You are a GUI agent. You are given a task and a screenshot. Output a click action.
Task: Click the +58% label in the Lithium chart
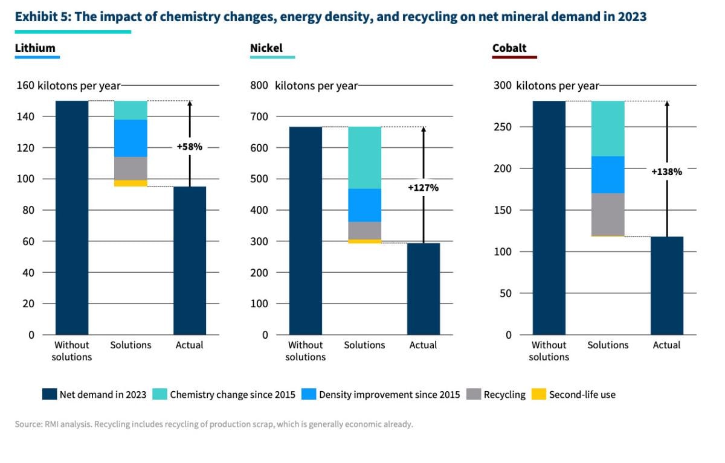(190, 147)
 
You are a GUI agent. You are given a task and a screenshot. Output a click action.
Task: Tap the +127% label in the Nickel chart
(423, 188)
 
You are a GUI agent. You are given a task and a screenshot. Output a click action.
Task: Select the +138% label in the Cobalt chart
(666, 171)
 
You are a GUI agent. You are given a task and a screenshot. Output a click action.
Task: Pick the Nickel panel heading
(266, 48)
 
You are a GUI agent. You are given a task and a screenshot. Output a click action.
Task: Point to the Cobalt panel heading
(509, 48)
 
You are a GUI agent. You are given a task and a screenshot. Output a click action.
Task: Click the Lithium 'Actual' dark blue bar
(190, 260)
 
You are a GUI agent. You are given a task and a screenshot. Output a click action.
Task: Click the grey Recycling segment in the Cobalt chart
(608, 214)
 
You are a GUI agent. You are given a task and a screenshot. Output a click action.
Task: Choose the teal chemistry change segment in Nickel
(364, 158)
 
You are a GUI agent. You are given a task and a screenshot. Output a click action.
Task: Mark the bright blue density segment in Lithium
(130, 138)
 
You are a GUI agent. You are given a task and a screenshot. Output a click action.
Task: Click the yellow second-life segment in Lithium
(130, 183)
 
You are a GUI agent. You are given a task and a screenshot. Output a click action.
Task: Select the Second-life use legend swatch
(538, 395)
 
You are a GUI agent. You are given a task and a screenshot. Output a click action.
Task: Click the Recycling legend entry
(504, 395)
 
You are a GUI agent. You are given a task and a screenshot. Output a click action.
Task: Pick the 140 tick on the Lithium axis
(27, 117)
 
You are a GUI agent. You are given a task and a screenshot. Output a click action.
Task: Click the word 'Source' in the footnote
(28, 424)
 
